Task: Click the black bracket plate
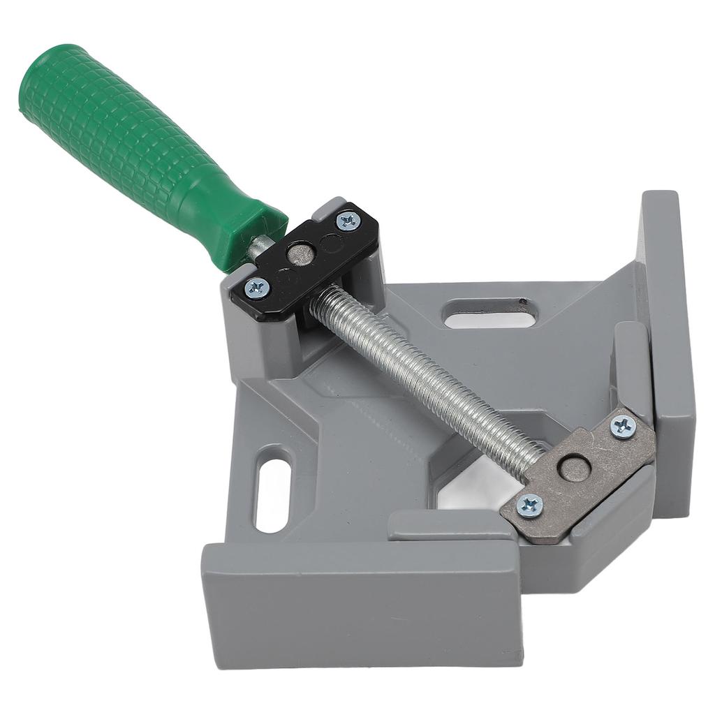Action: click(x=314, y=258)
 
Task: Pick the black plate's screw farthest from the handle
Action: click(x=347, y=221)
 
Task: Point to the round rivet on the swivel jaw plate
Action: click(x=574, y=467)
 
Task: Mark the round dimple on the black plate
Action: click(x=331, y=243)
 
